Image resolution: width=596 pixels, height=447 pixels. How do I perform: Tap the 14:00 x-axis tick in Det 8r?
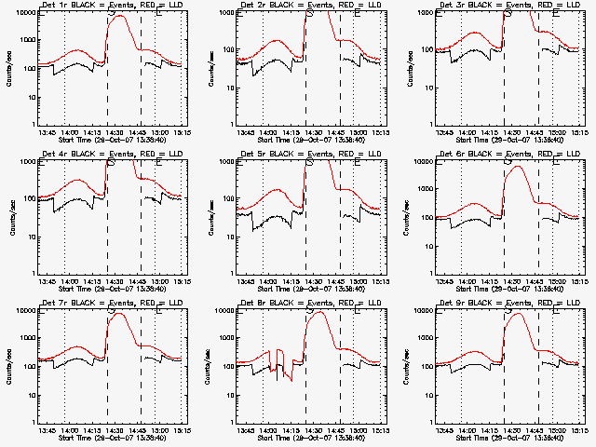click(x=268, y=429)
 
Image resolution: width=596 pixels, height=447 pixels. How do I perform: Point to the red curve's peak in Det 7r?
click(x=118, y=315)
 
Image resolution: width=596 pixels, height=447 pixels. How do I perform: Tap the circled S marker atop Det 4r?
click(x=112, y=162)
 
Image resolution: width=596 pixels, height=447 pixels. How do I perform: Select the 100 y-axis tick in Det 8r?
click(x=227, y=366)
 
